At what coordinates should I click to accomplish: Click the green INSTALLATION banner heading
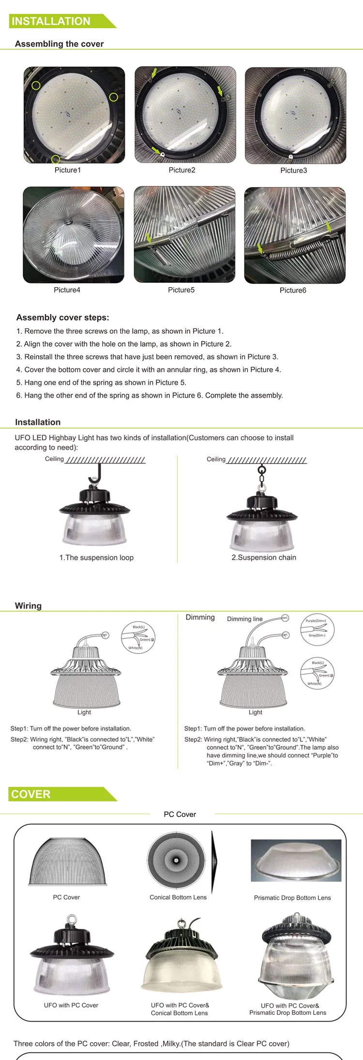pos(51,21)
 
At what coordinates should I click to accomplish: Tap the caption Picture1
pos(68,170)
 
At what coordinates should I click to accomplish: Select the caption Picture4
pos(67,290)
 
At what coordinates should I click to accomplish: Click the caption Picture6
pos(293,290)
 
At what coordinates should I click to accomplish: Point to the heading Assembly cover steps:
pos(62,318)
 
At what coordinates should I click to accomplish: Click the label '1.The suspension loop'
pos(96,557)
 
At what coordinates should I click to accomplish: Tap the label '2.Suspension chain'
pos(264,557)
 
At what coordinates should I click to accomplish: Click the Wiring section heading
pos(28,606)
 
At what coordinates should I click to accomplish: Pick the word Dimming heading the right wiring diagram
pos(200,617)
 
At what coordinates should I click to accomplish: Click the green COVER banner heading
pos(31,795)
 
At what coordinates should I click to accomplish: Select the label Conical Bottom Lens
pos(178,897)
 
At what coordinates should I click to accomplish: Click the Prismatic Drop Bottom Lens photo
pos(296,860)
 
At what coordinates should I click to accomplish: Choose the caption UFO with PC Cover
pos(71,1005)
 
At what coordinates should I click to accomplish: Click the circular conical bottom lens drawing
pos(176,860)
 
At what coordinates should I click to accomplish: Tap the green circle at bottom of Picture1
pos(56,159)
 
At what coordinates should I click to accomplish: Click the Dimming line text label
pos(244,619)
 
